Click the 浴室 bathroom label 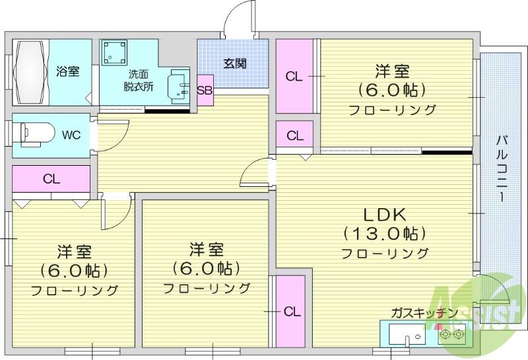68,71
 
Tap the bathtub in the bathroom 30,73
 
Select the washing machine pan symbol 114,53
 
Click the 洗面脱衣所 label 139,80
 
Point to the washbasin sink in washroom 178,87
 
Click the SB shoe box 205,90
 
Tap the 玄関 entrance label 235,63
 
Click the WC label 71,135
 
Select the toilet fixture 36,135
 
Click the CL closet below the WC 51,179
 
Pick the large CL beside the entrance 294,76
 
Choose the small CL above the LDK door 295,135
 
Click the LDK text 385,215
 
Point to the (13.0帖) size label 385,233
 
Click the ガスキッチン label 424,313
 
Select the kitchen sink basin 407,334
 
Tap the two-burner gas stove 451,334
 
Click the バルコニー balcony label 502,168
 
